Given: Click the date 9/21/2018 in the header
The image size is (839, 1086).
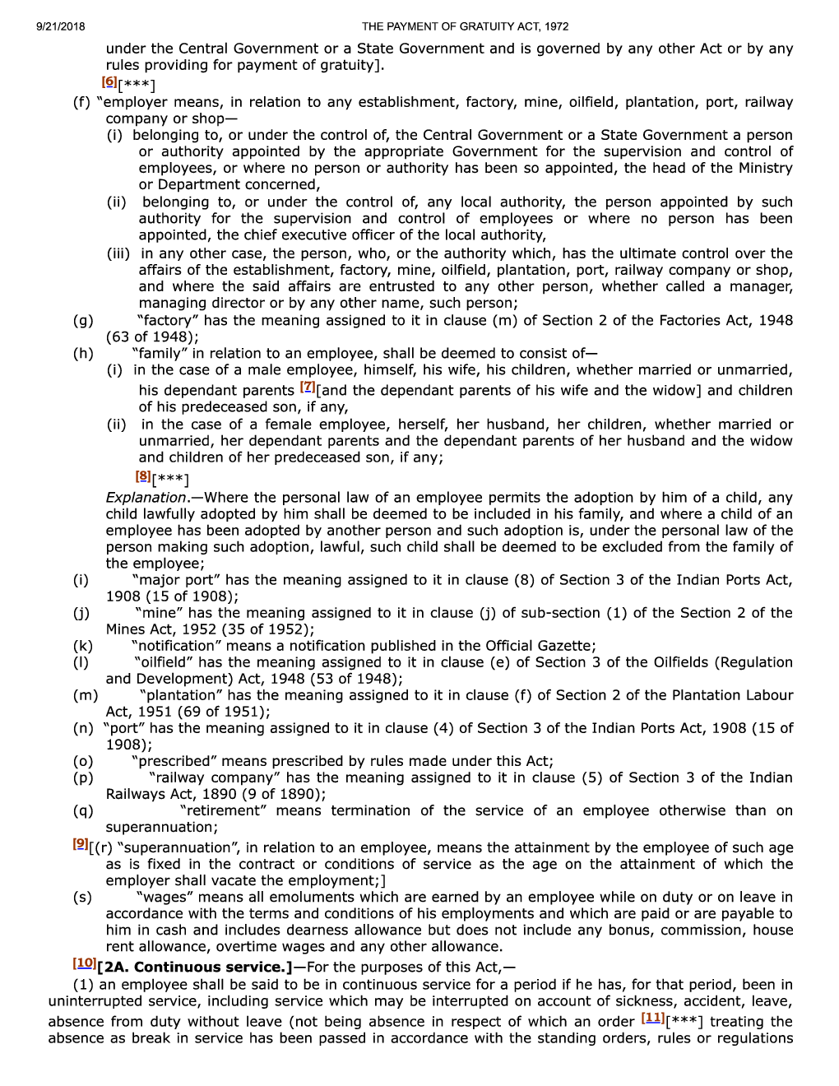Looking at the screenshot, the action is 61,26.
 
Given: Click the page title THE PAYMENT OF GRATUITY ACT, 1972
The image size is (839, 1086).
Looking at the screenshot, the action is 465,26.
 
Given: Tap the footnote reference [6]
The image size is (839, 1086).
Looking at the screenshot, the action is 109,81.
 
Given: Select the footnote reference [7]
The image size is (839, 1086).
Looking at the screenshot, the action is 308,386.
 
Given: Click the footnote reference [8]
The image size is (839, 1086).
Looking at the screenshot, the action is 142,476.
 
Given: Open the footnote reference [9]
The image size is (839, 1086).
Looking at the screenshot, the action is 80,843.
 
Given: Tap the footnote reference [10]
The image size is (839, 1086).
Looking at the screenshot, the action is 84,963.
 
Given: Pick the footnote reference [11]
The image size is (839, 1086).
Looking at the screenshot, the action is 652,1018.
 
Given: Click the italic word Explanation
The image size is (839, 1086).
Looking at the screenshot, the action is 146,498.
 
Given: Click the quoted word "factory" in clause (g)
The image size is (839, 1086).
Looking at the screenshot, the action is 169,320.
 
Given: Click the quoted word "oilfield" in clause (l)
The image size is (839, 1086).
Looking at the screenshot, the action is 163,662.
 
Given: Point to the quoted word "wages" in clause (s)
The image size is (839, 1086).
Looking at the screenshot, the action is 165,897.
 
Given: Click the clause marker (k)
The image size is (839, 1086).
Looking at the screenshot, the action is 82,646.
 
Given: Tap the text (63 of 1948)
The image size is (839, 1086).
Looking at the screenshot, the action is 152,336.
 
